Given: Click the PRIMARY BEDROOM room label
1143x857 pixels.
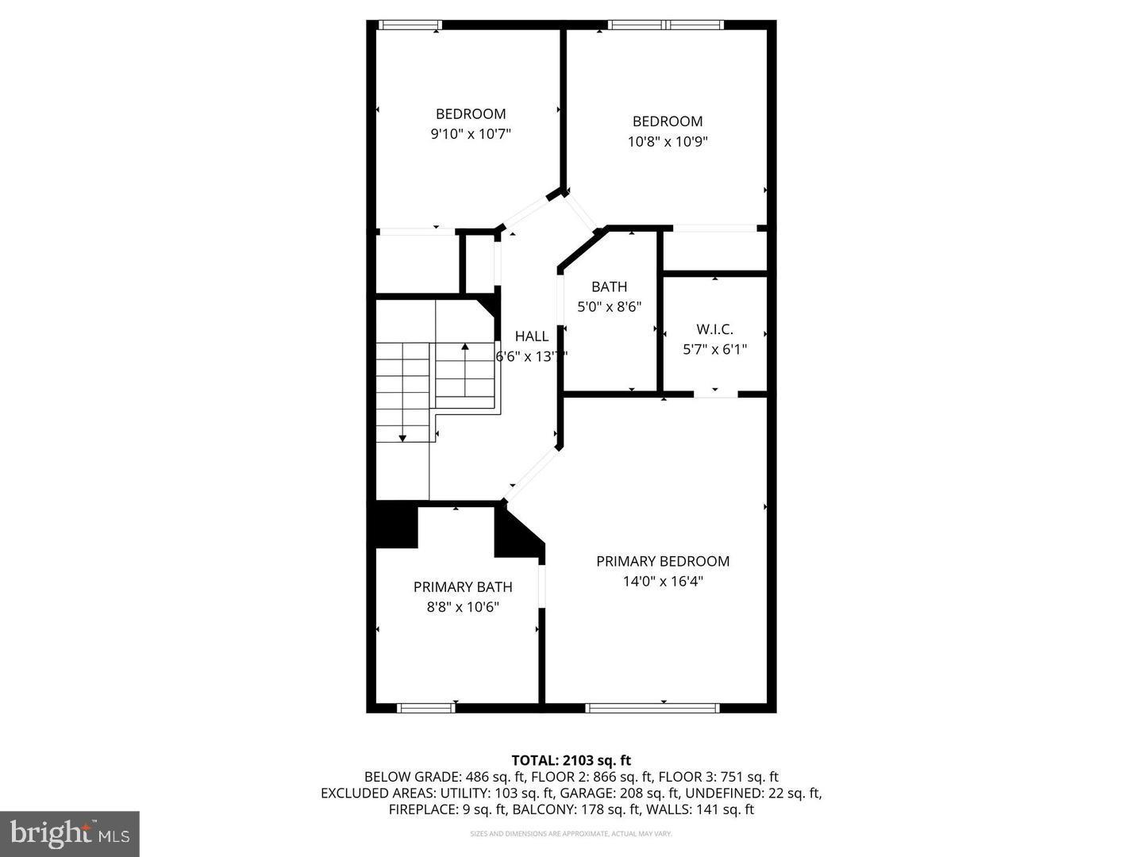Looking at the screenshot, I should click(663, 561).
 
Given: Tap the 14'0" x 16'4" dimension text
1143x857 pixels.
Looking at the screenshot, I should click(663, 582).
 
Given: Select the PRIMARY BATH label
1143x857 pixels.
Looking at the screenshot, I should click(463, 587).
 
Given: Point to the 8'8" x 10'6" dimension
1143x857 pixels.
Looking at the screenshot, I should click(463, 608).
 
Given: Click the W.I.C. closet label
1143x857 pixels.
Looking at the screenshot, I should click(714, 329).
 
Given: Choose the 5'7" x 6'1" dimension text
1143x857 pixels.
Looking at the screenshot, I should click(714, 349).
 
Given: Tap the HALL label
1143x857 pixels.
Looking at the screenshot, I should click(532, 336).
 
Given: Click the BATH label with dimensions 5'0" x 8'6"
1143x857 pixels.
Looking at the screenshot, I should click(609, 287).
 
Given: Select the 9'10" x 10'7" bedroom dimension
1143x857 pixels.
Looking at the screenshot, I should click(471, 134).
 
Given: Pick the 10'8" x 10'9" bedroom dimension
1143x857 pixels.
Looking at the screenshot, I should click(668, 142).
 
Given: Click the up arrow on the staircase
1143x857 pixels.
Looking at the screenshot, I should click(465, 347).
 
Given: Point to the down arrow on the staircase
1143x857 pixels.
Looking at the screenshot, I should click(402, 436).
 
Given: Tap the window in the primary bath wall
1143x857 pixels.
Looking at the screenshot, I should click(426, 708).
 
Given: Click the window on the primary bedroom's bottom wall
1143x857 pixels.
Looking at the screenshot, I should click(652, 708).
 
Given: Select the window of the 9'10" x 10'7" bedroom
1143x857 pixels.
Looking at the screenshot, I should click(410, 25).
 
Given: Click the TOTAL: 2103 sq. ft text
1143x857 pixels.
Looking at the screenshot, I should click(571, 760).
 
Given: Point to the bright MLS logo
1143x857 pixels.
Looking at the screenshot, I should click(70, 833).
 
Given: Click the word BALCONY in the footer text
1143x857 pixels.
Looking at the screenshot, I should click(540, 809).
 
